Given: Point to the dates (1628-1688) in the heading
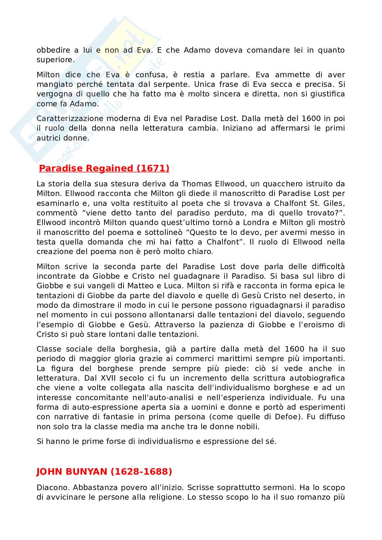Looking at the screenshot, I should click(141, 472).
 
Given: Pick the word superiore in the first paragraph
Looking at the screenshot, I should click(55, 60).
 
